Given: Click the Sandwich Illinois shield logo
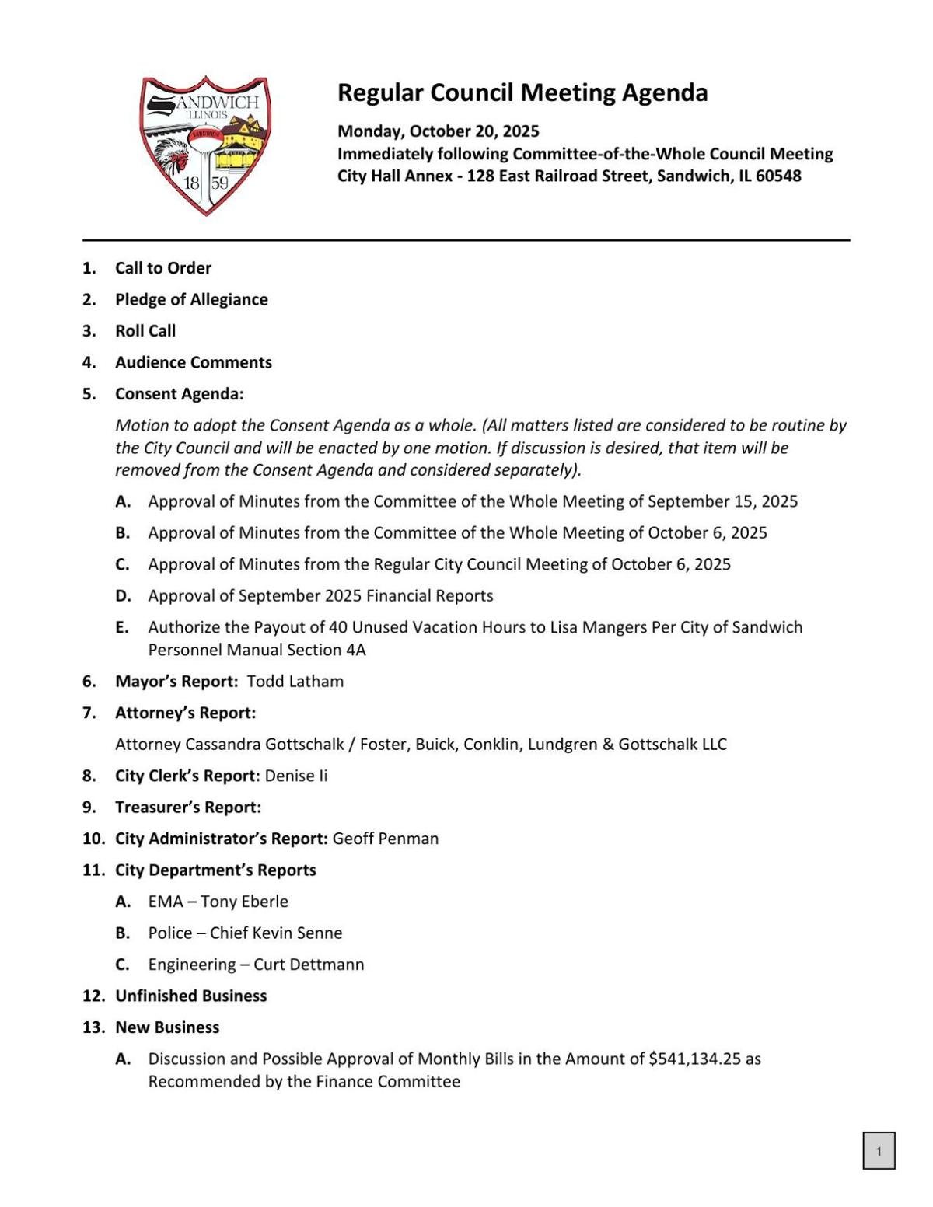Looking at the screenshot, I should (x=205, y=145).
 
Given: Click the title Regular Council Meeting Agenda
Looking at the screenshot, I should (x=522, y=92).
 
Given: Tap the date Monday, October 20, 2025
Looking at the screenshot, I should (x=438, y=131).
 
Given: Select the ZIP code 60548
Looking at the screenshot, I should (x=777, y=176).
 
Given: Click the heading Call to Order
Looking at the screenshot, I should (x=163, y=268).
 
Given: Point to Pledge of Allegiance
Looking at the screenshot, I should (x=191, y=299).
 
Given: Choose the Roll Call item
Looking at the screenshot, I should (x=145, y=331).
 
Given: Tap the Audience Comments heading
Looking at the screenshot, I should (x=194, y=362).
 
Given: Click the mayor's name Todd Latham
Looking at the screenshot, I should (x=295, y=682).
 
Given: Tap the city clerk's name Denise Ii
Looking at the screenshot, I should (x=296, y=776).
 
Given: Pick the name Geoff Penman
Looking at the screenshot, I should (x=386, y=839).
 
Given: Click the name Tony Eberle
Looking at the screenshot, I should (x=244, y=902).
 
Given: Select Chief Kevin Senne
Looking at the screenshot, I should (x=276, y=933).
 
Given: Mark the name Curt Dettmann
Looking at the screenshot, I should (x=309, y=965).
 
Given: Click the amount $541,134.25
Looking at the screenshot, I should (x=694, y=1059).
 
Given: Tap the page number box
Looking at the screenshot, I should (x=879, y=1151).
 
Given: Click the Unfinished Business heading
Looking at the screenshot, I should (x=190, y=996).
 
